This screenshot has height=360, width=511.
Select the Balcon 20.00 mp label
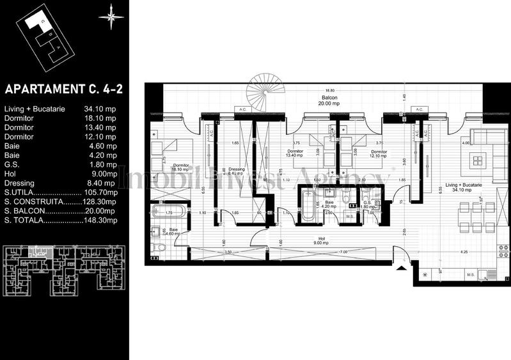coord(329,99)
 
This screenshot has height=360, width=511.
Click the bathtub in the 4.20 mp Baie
coord(308,205)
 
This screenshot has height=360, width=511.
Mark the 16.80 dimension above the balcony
coord(329,91)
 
